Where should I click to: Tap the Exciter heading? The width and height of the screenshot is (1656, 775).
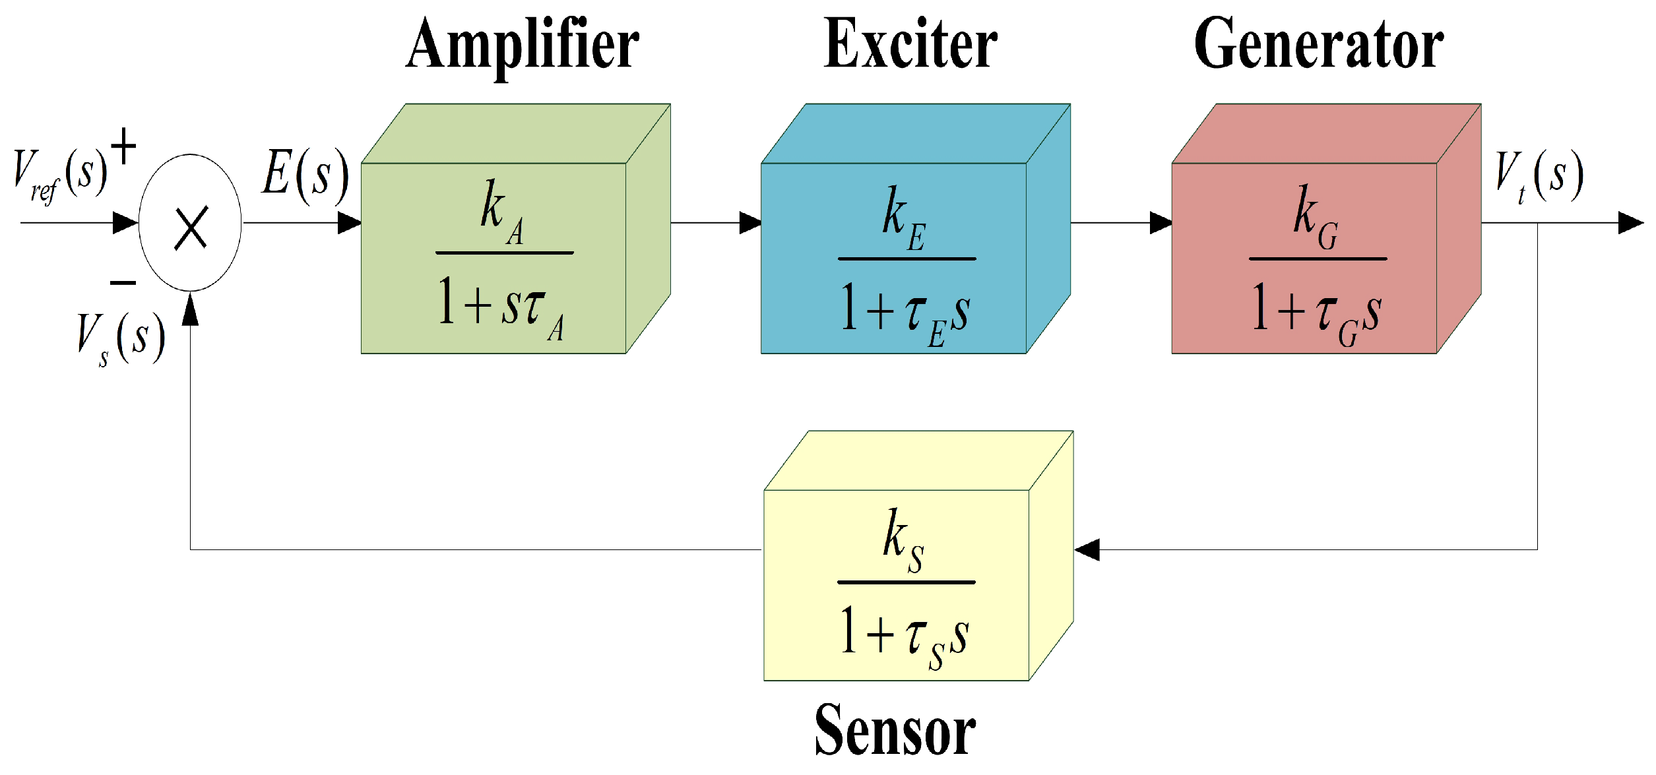[910, 45]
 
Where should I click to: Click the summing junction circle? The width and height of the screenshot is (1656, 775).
[190, 223]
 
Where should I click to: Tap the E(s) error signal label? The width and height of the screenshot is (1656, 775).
[305, 175]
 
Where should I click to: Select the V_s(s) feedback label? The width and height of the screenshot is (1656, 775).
[121, 338]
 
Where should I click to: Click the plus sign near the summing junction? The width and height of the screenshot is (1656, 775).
[123, 146]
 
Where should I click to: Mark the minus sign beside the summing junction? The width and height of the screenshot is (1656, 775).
[123, 283]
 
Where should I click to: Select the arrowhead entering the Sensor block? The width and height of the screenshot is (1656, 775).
[1087, 549]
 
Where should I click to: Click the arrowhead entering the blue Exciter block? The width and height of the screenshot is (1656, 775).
[750, 223]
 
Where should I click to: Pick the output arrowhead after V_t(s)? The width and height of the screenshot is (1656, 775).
[1631, 223]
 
